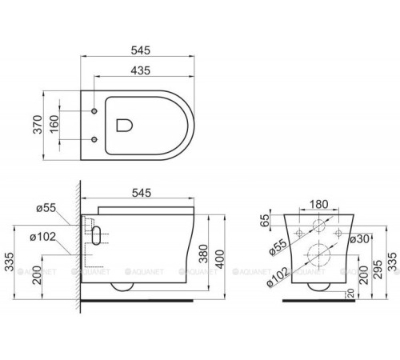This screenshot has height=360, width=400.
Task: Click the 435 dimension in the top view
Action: coord(143,70)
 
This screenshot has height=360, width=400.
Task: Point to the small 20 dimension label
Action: coord(350,294)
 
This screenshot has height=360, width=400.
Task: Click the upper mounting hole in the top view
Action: coord(95,110)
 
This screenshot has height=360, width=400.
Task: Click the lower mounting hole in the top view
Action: coord(95,141)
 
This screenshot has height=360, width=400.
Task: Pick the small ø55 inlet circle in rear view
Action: coord(318,226)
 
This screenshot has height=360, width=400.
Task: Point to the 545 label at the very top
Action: coord(140,49)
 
